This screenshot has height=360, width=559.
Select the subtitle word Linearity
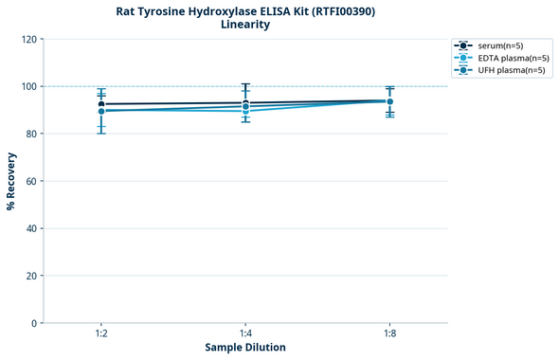[244, 25]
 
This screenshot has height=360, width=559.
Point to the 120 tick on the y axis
[29, 39]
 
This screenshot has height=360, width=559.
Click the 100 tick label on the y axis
[29, 86]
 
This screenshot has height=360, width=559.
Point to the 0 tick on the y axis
[35, 323]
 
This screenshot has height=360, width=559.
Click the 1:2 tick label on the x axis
[100, 334]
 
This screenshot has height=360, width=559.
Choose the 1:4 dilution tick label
[245, 334]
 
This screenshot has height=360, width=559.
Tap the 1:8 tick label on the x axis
[390, 334]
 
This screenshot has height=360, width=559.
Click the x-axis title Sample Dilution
[245, 348]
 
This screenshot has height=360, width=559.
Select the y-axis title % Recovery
[11, 181]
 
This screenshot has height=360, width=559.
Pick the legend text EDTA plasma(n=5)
[514, 58]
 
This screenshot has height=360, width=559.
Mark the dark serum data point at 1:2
[101, 104]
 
